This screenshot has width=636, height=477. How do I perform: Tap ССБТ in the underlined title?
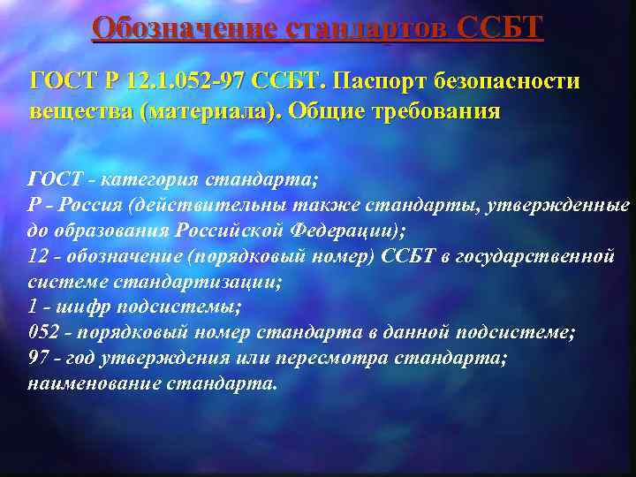coord(500,28)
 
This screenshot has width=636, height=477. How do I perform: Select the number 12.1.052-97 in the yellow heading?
coord(181,82)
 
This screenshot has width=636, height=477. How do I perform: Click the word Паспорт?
coord(382,82)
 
